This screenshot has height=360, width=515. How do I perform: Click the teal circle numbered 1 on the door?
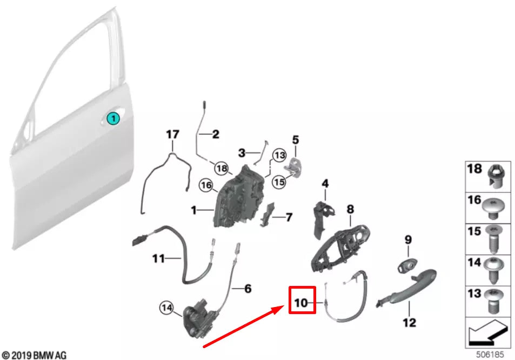click(x=113, y=118)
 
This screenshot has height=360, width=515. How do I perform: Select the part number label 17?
click(x=172, y=134)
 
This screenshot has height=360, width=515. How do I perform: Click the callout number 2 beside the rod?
click(x=215, y=135)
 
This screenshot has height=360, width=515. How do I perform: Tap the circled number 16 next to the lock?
click(x=205, y=185)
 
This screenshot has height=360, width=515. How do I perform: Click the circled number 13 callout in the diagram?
click(x=278, y=155)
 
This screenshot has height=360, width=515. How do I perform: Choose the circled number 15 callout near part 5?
click(x=278, y=182)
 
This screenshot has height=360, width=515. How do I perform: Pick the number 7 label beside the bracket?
click(x=289, y=217)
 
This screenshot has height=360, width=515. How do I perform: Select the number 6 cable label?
click(x=248, y=289)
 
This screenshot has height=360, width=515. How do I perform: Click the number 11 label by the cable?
click(x=158, y=259)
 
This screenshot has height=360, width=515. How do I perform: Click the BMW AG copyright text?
click(x=34, y=355)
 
